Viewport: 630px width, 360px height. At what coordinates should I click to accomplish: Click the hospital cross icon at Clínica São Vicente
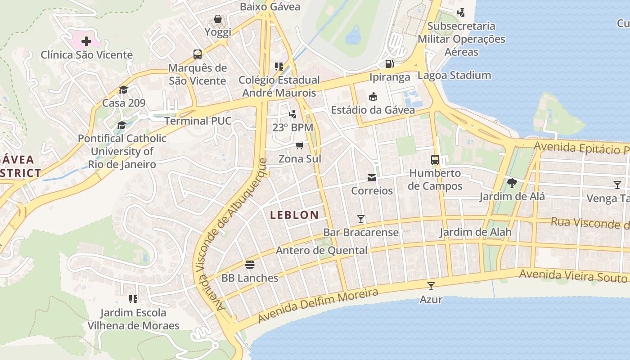pyautogui.click(x=86, y=42)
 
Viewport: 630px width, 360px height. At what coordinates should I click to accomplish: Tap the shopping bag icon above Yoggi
pyautogui.click(x=218, y=19)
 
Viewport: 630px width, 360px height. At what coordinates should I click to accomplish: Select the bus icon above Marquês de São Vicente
pyautogui.click(x=198, y=54)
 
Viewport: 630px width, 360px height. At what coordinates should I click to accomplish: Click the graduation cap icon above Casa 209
pyautogui.click(x=123, y=90)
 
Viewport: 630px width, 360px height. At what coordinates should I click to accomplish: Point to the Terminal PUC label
pyautogui.click(x=198, y=121)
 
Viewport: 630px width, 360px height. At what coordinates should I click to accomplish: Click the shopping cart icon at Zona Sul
pyautogui.click(x=300, y=145)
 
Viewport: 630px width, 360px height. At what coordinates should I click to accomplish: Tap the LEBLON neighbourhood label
pyautogui.click(x=294, y=215)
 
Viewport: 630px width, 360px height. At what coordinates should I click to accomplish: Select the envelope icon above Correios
pyautogui.click(x=372, y=178)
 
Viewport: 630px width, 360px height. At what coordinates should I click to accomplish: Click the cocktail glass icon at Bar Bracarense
pyautogui.click(x=361, y=219)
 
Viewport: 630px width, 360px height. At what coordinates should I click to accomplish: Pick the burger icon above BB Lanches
pyautogui.click(x=250, y=265)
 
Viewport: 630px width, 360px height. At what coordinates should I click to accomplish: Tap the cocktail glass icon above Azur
pyautogui.click(x=431, y=286)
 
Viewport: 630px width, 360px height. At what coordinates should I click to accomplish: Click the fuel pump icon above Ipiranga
pyautogui.click(x=390, y=63)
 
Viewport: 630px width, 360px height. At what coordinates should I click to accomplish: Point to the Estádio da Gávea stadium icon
pyautogui.click(x=373, y=96)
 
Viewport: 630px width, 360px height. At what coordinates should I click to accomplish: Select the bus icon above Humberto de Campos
pyautogui.click(x=435, y=159)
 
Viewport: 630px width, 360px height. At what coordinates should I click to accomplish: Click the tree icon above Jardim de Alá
pyautogui.click(x=512, y=183)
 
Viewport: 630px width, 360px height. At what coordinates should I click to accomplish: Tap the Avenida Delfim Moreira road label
pyautogui.click(x=318, y=306)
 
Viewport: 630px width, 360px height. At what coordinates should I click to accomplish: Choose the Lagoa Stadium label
pyautogui.click(x=454, y=75)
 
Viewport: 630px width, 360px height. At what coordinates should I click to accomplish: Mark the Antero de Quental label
pyautogui.click(x=321, y=251)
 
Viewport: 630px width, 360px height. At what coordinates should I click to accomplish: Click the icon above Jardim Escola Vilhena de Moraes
pyautogui.click(x=133, y=299)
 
